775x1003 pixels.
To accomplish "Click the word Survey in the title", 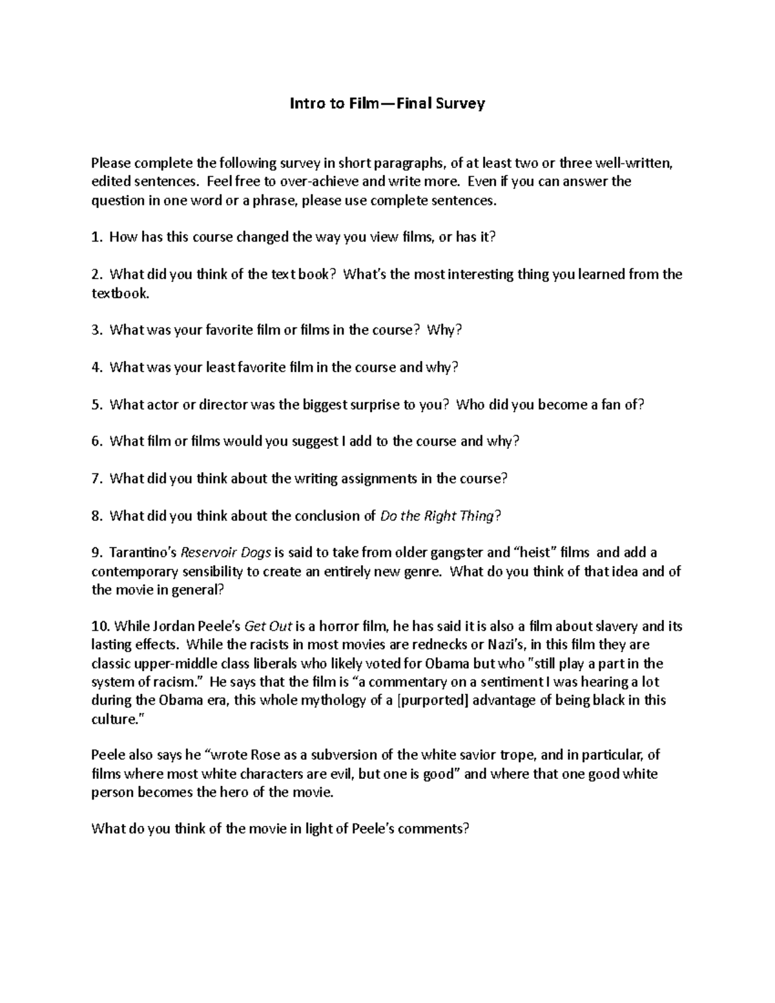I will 459,103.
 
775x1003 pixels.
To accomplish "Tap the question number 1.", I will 97,237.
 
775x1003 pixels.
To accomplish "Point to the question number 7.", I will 97,479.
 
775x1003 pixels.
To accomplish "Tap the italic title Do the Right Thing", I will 439,515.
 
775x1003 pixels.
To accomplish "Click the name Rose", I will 265,755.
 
